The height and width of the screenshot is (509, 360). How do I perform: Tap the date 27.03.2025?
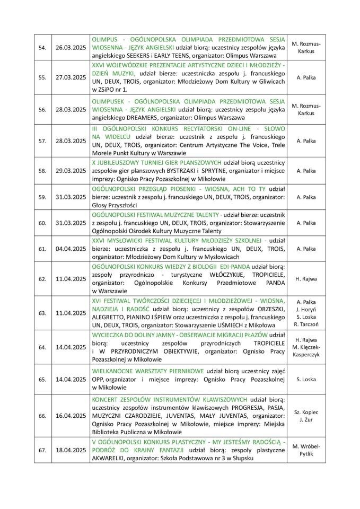click(x=71, y=77)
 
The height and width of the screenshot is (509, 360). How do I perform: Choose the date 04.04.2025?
click(x=71, y=248)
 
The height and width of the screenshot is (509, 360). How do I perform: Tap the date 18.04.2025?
click(x=71, y=450)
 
